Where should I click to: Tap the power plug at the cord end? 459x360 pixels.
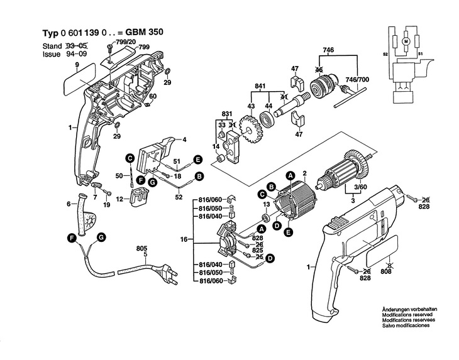(x=165, y=273)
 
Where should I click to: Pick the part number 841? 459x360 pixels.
(x=260, y=86)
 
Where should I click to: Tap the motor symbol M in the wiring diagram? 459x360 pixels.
(x=406, y=41)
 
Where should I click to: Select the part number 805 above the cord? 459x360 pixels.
(x=141, y=249)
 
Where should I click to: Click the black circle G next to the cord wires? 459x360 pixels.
(x=101, y=237)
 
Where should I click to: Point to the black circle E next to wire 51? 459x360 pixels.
(x=198, y=160)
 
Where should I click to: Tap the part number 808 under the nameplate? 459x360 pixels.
(x=386, y=271)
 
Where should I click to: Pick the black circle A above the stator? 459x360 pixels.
(x=290, y=175)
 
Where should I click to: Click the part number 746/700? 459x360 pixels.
(x=357, y=80)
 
